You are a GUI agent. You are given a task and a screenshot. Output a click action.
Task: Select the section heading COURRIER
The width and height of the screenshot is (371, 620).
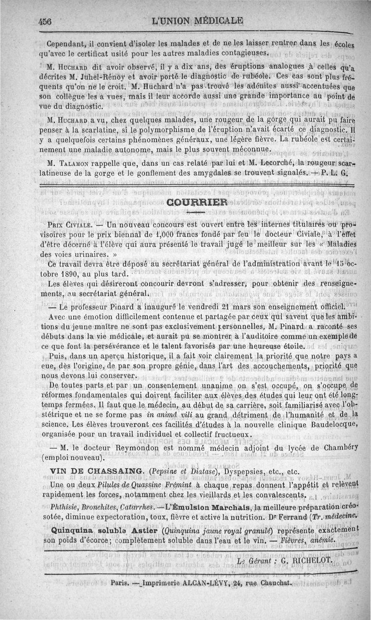(x=197, y=202)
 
